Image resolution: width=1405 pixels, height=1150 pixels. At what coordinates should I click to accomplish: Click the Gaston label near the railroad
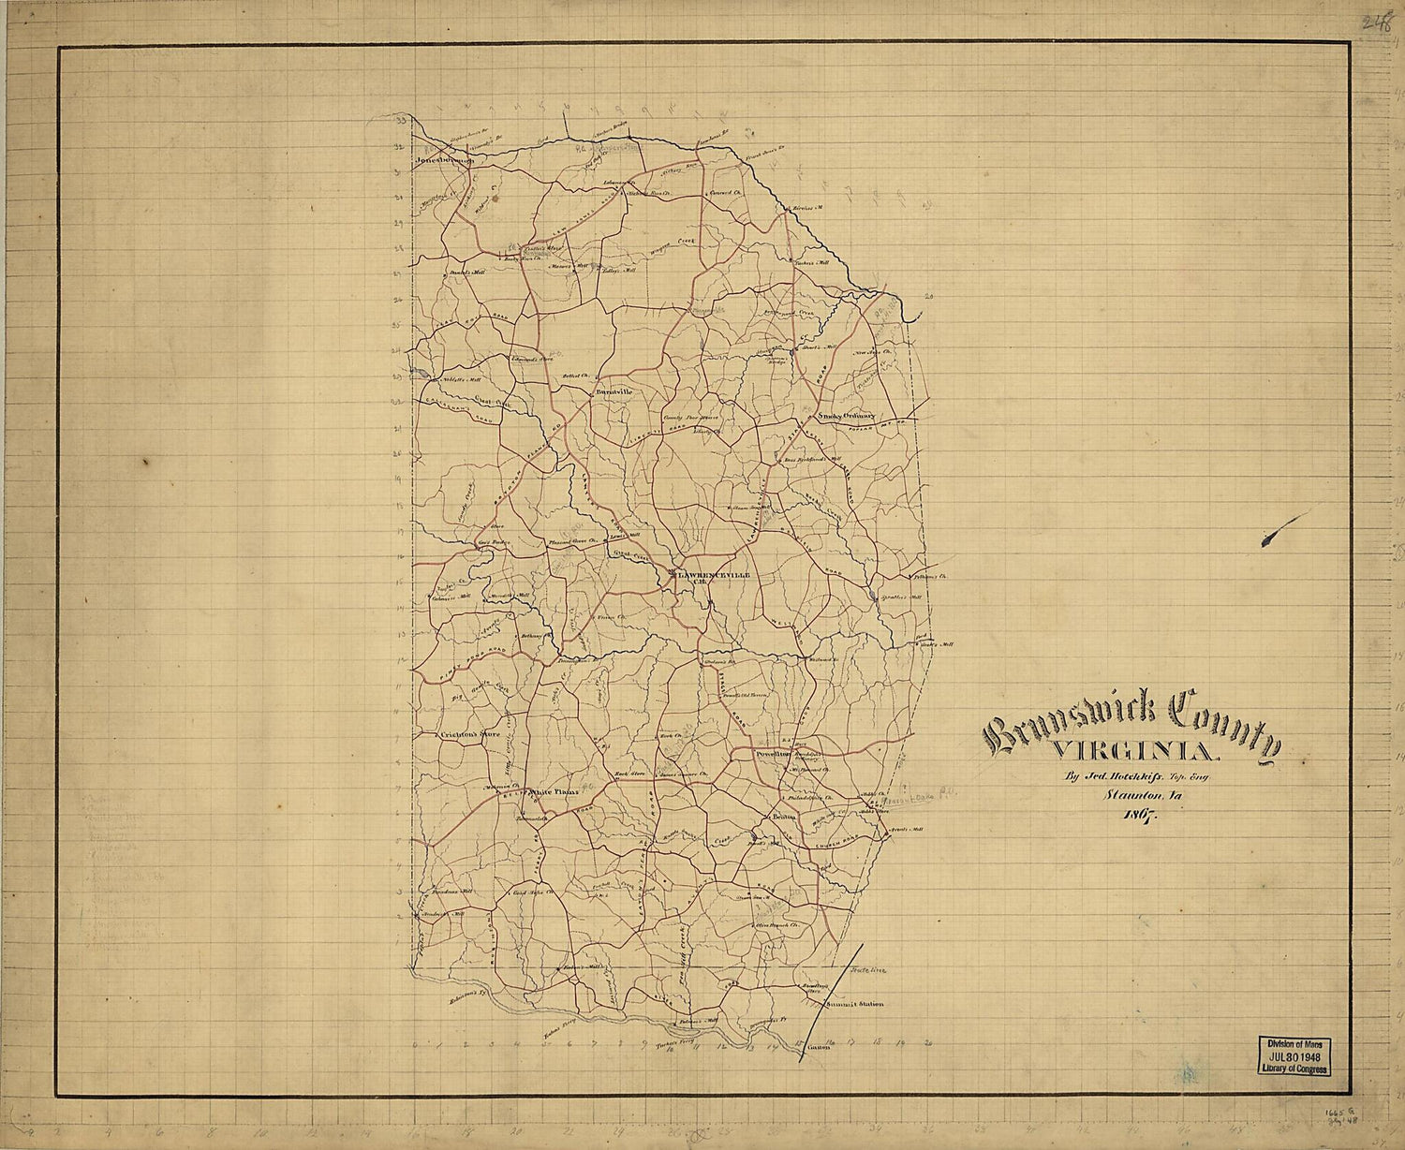(x=818, y=1046)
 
